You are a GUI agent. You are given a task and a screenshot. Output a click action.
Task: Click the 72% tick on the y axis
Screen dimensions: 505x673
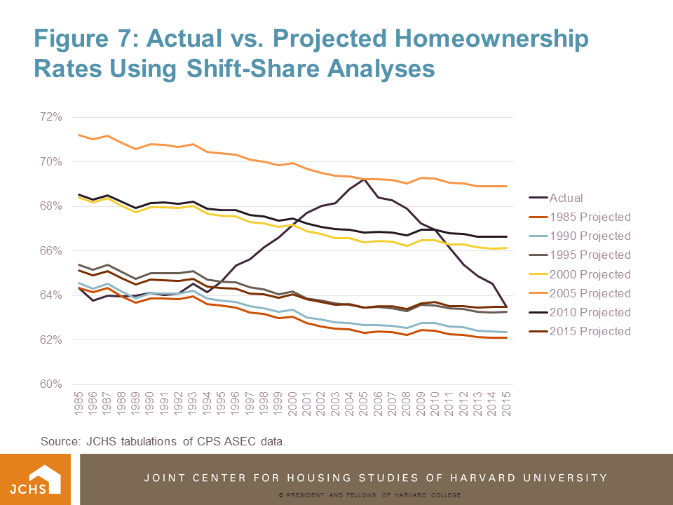[x=53, y=116]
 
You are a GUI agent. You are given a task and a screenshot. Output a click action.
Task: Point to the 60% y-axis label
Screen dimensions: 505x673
[x=53, y=384]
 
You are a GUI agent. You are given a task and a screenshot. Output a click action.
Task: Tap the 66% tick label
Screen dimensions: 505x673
[x=53, y=250]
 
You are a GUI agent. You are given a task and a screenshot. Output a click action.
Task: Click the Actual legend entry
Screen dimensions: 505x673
[x=566, y=198]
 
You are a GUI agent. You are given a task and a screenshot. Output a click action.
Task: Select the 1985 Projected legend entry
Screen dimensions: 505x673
[x=590, y=217]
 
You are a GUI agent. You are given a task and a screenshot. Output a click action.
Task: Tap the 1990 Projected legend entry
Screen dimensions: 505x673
[x=590, y=236]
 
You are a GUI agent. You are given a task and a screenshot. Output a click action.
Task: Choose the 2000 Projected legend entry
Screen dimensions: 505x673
[x=590, y=274]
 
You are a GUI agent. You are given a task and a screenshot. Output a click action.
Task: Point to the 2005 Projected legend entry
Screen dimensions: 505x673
[x=590, y=293]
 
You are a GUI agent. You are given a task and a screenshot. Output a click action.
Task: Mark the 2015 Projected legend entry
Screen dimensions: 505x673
[x=590, y=331]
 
